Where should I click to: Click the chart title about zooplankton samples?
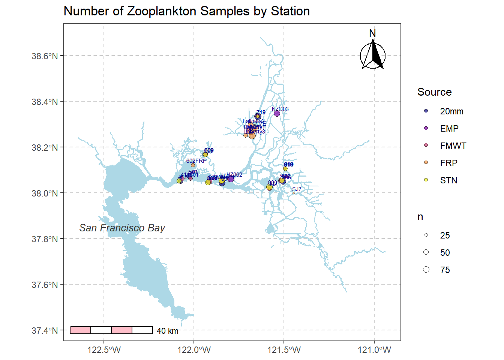click(x=186, y=11)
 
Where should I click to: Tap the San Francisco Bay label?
click(x=122, y=228)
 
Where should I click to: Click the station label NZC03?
click(x=280, y=109)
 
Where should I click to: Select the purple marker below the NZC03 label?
click(x=277, y=114)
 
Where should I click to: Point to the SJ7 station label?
click(x=297, y=189)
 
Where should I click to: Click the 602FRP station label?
click(x=196, y=161)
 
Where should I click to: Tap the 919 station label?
click(x=289, y=165)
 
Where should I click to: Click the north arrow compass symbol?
click(x=373, y=55)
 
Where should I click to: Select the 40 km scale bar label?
click(x=167, y=331)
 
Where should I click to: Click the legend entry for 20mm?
click(x=451, y=111)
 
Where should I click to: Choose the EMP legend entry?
click(x=449, y=129)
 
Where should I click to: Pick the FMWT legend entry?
click(x=453, y=146)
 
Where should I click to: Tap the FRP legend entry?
click(x=448, y=163)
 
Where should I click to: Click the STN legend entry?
click(x=448, y=180)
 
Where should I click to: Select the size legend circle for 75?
click(x=426, y=270)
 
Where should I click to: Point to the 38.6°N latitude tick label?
click(x=45, y=56)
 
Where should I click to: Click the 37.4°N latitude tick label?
click(x=45, y=330)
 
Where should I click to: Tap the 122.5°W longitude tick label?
click(x=104, y=350)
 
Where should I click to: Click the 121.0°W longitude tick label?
click(x=374, y=350)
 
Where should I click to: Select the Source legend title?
click(x=434, y=92)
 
